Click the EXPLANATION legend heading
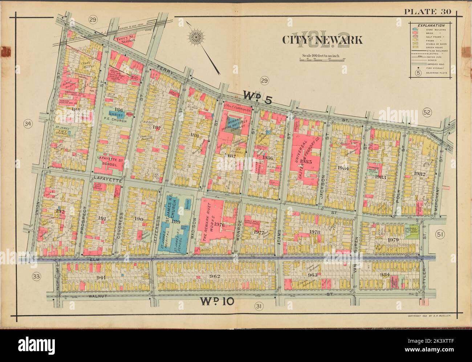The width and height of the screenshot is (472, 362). (431, 25)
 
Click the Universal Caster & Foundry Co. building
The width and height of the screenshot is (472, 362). (307, 157)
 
